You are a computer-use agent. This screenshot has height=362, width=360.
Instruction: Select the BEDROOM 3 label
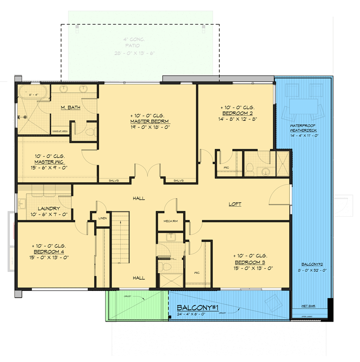(250, 262)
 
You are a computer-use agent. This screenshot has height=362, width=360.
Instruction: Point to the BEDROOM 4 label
(48, 251)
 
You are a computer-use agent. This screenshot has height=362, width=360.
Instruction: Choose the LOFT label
(235, 204)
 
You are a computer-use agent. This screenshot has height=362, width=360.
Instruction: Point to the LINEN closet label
(102, 218)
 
